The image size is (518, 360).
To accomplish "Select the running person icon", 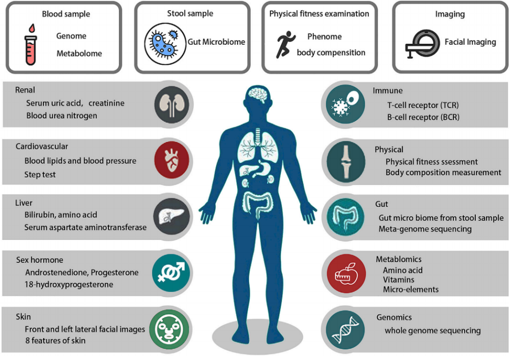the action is coord(285,45).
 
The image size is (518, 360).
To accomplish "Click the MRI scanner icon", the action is coord(422,44).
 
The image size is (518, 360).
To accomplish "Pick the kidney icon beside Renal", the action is coord(172,104).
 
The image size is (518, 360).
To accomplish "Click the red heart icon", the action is coord(172,160).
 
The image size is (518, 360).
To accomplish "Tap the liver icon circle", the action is coord(171,216).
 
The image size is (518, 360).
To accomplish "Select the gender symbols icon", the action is coord(171,273).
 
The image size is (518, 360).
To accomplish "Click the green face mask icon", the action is coord(169,329).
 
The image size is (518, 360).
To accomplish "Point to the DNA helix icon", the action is coord(346,329).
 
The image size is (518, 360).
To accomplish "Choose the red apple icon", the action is coord(346,274).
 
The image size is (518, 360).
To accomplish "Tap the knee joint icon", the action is coord(346,162).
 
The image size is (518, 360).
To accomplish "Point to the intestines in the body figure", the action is coord(257,206).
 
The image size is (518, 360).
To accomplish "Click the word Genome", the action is coord(71,36).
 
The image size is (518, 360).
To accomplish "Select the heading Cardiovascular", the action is coord(42,147).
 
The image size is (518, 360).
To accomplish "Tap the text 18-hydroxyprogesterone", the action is coord(69,284).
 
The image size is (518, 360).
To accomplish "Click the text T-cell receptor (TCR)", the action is coord(423,105).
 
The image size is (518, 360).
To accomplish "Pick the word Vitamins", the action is coord(398,280).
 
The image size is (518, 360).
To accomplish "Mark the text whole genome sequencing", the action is coord(433,330).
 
